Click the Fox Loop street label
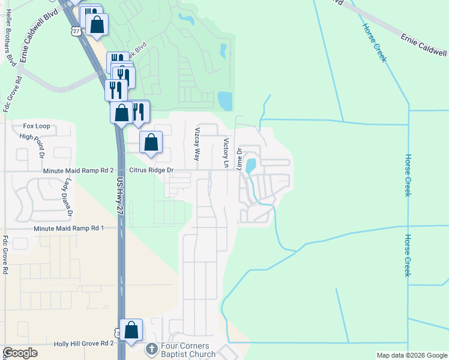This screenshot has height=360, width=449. [x=37, y=127]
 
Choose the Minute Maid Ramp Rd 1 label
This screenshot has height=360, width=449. [x=69, y=229]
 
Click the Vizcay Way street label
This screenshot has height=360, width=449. [x=196, y=144]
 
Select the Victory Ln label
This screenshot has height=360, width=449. [x=226, y=153]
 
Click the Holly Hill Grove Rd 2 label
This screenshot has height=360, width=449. [x=84, y=343]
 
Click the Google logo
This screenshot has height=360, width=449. [x=20, y=353]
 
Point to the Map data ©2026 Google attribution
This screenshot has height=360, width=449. [x=411, y=355]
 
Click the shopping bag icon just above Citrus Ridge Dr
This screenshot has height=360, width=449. [x=151, y=143]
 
